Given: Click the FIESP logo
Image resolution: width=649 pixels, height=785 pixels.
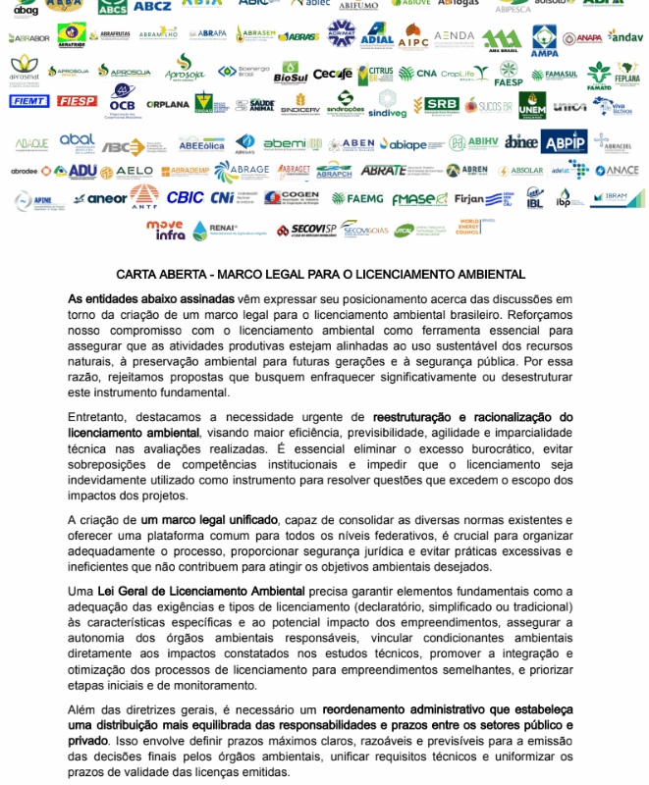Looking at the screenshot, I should pos(77,101).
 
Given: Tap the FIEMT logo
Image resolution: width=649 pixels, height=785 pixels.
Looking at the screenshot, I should pos(27,101).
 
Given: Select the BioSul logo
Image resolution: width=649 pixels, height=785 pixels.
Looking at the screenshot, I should pos(291,73).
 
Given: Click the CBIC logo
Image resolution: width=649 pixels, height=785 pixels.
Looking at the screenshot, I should pos(185,198).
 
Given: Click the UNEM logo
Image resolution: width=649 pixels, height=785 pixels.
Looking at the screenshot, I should pos(532,104).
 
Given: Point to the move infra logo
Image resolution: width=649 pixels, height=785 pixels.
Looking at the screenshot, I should pos(165,230).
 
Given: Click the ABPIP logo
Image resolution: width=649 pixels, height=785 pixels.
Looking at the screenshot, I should pos(564,142).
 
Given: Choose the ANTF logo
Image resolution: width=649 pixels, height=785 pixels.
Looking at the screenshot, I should pos(144,197).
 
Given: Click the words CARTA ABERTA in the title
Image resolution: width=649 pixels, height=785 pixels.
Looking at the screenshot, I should pos(158,275).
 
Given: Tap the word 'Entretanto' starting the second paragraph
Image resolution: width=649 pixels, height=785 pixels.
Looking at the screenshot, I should pos(97,417).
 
